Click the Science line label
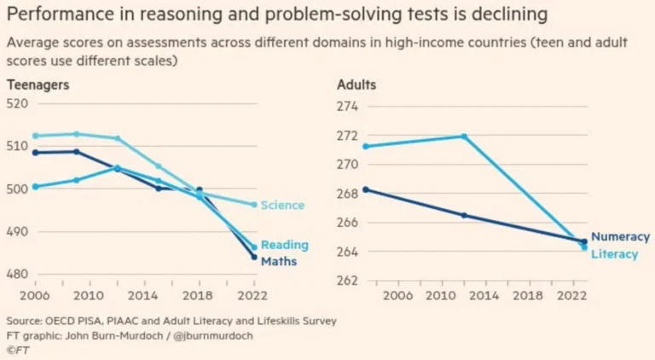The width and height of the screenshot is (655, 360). pyautogui.click(x=282, y=206)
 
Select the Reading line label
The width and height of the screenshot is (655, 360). pyautogui.click(x=284, y=246)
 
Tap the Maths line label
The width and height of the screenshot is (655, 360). pyautogui.click(x=279, y=261)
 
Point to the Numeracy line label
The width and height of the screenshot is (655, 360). pyautogui.click(x=620, y=237)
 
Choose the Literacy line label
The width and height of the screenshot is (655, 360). pyautogui.click(x=615, y=254)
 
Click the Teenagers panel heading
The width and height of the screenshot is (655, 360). pyautogui.click(x=38, y=85)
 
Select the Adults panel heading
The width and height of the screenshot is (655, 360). pyautogui.click(x=356, y=85)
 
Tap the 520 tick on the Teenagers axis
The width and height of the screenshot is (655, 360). pyautogui.click(x=19, y=103)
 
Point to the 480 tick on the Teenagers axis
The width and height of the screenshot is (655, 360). pyautogui.click(x=19, y=275)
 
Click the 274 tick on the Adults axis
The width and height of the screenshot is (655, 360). pyautogui.click(x=349, y=107)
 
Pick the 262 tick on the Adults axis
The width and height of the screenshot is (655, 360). pyautogui.click(x=349, y=281)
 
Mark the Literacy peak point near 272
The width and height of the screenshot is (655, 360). pyautogui.click(x=464, y=136)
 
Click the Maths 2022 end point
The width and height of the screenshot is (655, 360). pyautogui.click(x=254, y=257)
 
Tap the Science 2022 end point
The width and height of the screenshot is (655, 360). pyautogui.click(x=254, y=205)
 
